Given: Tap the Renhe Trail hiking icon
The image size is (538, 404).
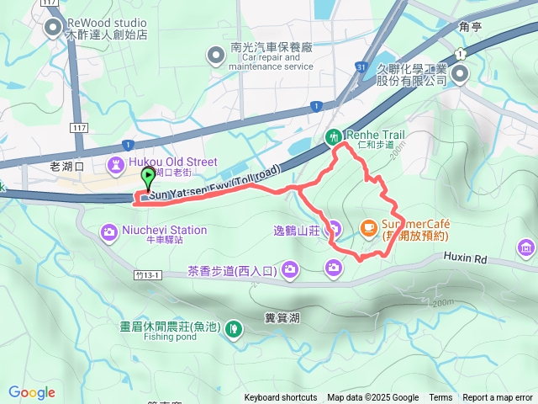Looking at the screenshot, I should pos(334,136).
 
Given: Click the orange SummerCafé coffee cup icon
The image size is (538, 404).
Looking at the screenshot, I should pos(367,227).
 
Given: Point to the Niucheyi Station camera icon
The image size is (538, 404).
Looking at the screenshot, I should pos(110,231).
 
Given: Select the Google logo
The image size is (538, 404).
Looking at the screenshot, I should pos(32,392).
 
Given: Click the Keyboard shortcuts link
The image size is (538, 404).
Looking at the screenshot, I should pos(281,398).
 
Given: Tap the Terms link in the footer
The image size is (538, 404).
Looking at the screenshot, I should pos(440,398).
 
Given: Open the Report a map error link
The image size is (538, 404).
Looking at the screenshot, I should pos(498,398).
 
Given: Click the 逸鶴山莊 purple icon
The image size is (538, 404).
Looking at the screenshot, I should pos(334,228).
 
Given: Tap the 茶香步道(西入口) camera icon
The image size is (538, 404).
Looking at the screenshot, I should pos(290,269).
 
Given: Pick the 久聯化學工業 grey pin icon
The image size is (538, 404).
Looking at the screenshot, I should pos(460,76).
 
